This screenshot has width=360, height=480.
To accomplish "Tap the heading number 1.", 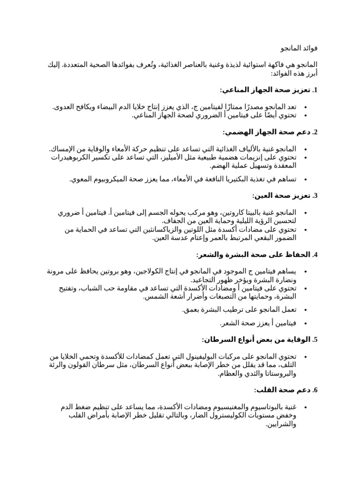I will [315, 90].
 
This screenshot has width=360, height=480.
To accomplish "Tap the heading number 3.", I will [315, 195].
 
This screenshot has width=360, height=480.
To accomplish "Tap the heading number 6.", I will [315, 390].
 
